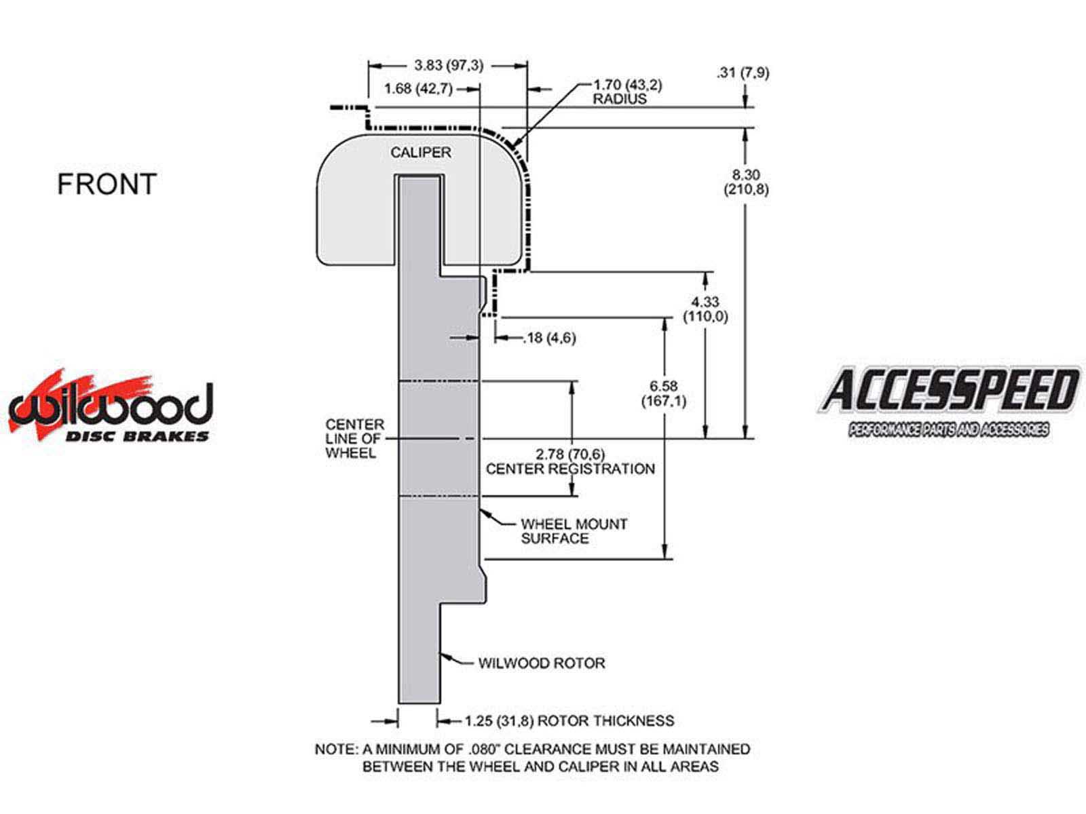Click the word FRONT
[107, 184]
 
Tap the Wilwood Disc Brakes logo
[110, 407]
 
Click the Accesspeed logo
[948, 401]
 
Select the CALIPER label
[420, 152]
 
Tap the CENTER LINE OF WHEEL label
[354, 439]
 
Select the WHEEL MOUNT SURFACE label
[574, 531]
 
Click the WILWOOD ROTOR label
[541, 663]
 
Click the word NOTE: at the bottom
[336, 750]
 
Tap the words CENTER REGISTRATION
[570, 469]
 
